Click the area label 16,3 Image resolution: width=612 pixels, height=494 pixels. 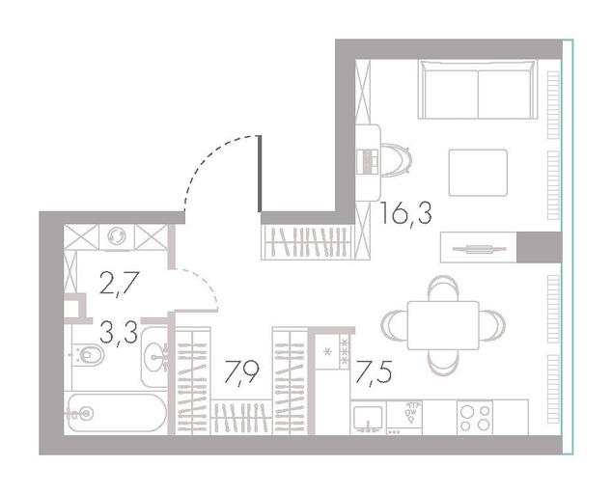[x=406, y=213]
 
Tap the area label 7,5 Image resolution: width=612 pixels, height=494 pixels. [x=374, y=373]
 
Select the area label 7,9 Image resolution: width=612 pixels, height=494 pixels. [x=241, y=373]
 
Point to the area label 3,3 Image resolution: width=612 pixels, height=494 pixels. [x=119, y=331]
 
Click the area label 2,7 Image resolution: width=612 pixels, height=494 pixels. [x=119, y=284]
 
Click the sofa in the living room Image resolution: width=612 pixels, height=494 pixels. [x=478, y=89]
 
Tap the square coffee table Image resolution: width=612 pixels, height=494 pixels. [x=478, y=173]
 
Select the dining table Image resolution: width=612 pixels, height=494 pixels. [x=443, y=325]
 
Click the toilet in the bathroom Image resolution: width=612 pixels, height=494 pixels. [x=88, y=354]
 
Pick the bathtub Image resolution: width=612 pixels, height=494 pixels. [x=116, y=412]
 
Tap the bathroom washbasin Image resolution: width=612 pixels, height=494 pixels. [x=155, y=357]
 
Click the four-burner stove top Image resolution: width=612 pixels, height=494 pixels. [x=475, y=418]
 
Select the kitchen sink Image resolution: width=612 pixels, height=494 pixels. [x=367, y=418]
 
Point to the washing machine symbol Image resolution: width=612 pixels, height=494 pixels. [x=117, y=236]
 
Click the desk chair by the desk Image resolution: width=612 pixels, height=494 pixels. [x=396, y=160]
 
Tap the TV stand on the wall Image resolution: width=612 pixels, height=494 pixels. [x=479, y=247]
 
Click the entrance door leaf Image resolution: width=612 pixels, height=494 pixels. [x=260, y=174]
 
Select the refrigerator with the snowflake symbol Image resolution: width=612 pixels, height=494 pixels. [x=332, y=352]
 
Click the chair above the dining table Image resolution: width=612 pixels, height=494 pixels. [x=443, y=288]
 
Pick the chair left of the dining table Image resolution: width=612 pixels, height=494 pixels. [x=394, y=325]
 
